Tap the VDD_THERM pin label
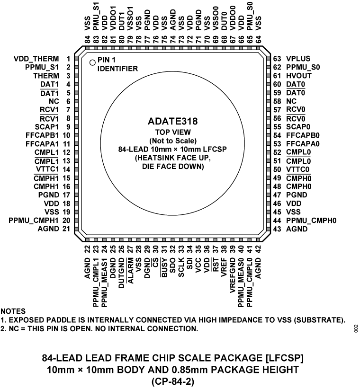coord(37,59)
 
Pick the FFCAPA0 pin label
coord(303,143)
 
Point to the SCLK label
coord(181,268)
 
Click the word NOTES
coord(13,312)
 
